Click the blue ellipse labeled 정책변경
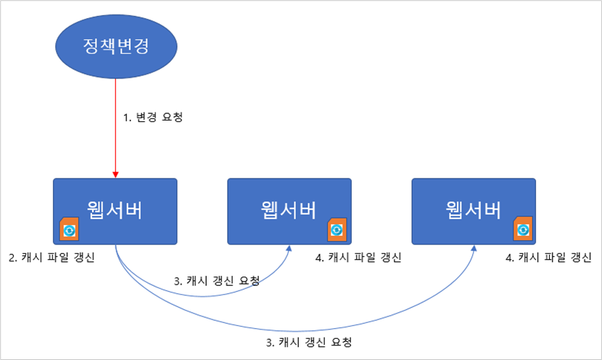[116, 46]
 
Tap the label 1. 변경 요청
[153, 117]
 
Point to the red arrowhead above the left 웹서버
[115, 175]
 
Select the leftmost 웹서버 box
[115, 211]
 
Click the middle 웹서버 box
[289, 211]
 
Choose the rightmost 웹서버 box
[474, 211]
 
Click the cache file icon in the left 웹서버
[69, 229]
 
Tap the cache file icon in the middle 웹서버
[337, 229]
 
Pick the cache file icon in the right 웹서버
[523, 229]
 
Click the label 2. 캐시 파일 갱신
[51, 258]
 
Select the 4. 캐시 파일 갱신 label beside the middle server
[358, 258]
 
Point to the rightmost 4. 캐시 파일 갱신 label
[548, 258]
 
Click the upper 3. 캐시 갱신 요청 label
[217, 281]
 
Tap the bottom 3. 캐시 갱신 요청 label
[309, 343]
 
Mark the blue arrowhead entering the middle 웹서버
[289, 248]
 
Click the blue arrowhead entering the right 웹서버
[474, 248]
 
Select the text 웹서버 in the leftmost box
[115, 210]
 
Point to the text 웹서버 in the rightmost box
[473, 210]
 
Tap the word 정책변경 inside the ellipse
[116, 46]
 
